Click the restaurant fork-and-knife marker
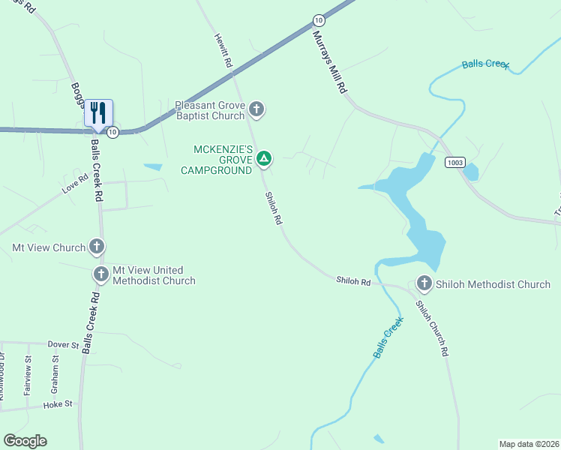coord(98,113)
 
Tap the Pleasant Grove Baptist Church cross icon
coord(256,110)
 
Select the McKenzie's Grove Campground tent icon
coord(263,158)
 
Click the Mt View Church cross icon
coord(96,246)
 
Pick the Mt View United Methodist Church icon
coord(101,274)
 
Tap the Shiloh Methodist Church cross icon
coord(424,283)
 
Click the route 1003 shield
coord(454,162)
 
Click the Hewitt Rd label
coord(223,51)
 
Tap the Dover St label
coord(64,344)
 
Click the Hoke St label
coord(58,403)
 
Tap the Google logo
coord(25,441)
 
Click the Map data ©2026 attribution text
coord(529,444)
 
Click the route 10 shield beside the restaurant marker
coord(112,132)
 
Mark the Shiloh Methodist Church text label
coord(493,284)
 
